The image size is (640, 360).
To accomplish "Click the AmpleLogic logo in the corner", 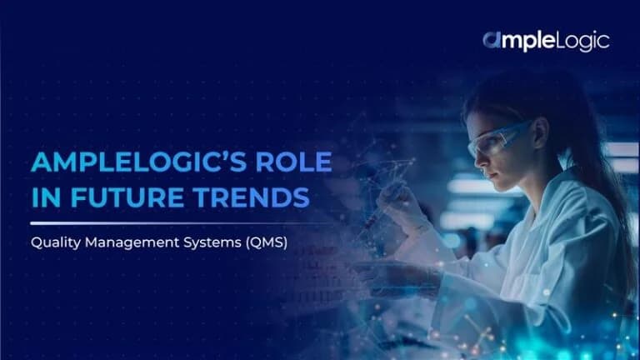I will pyautogui.click(x=545, y=40).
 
